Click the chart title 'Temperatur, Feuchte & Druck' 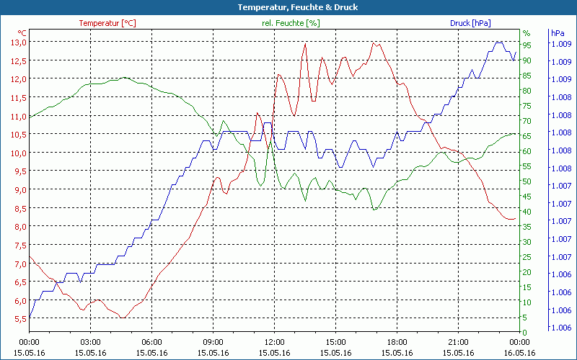(288, 7)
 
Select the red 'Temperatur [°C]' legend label (107, 23)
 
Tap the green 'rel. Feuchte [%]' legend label (291, 23)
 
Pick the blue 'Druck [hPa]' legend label (470, 23)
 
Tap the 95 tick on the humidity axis (527, 45)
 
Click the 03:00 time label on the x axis (90, 342)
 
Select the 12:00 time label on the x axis (274, 342)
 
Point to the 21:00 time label (458, 342)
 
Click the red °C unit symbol (22, 33)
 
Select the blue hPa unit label (558, 33)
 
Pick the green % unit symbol (527, 33)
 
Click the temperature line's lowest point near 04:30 (123, 318)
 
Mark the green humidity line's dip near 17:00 (374, 210)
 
